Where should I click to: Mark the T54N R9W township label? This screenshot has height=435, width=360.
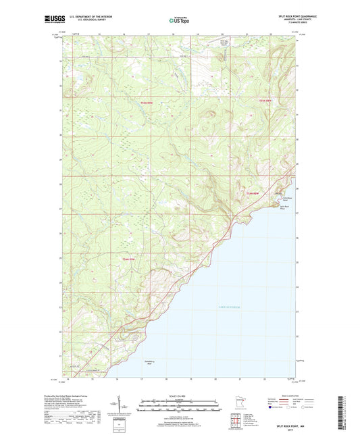coord(129,259)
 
